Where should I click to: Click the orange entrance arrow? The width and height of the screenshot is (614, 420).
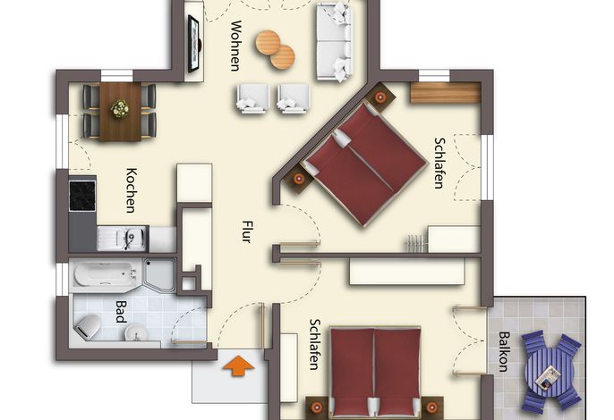coord(239,366)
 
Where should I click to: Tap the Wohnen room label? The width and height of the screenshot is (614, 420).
coord(235,46)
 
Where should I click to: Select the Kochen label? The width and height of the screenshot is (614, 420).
coord(132,190)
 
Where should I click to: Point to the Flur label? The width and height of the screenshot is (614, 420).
coord(246,232)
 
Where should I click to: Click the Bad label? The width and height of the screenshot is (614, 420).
coord(122,311)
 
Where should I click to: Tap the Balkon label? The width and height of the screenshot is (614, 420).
coord(504,351)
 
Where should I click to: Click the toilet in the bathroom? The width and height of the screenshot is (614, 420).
coord(88,327)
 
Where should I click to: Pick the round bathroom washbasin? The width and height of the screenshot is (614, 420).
coord(137,333)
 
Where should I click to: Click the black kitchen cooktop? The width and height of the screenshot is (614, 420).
coord(82,196)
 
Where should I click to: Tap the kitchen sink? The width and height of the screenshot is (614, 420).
coord(123,239)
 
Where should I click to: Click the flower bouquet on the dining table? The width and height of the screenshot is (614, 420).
coord(120,109)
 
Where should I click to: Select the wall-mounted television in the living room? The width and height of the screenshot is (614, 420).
coord(194,44)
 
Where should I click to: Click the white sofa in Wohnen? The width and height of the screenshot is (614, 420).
coord(334,42)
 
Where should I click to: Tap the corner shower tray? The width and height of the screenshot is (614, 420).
coord(160,274)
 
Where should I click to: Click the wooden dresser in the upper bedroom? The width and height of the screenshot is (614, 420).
coord(445,93)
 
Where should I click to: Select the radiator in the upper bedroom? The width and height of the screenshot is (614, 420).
coord(416,243)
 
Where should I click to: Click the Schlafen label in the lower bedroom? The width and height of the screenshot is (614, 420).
coord(315,345)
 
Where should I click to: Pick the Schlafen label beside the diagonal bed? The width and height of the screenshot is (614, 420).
coord(439,163)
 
